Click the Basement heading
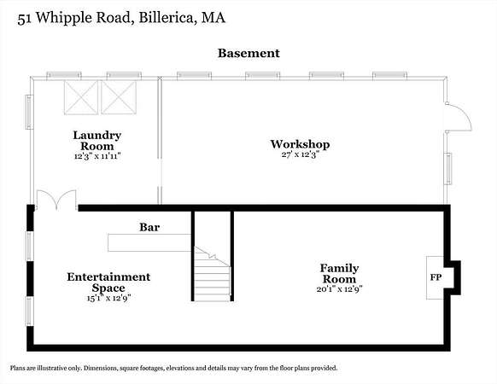[x=248, y=53]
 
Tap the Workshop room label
[x=300, y=144]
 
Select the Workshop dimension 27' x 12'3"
[x=300, y=154]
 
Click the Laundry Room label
[x=97, y=141]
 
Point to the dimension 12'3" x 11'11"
[x=97, y=156]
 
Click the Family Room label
[x=340, y=274]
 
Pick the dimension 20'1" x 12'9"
[x=340, y=289]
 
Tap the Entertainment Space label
[x=108, y=282]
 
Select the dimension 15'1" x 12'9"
[x=108, y=298]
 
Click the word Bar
[x=149, y=227]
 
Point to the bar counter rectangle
[x=149, y=242]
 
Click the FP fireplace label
[x=436, y=277]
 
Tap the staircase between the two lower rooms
[x=213, y=274]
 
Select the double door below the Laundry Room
[x=56, y=200]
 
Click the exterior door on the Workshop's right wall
[x=458, y=117]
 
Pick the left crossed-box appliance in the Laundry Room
[x=81, y=97]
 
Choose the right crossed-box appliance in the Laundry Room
[x=119, y=97]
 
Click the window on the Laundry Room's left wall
[x=29, y=112]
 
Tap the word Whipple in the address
[x=65, y=18]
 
